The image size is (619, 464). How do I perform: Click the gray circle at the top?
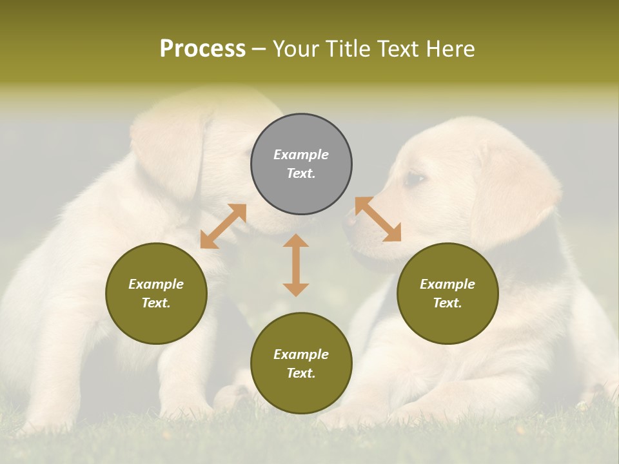point(301,164)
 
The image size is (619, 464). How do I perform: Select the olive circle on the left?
point(156,293)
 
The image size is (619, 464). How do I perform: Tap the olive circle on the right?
point(447,293)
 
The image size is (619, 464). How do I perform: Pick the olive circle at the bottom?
point(301,363)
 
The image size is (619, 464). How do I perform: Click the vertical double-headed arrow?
point(296,265)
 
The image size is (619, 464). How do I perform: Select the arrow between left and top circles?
point(223,226)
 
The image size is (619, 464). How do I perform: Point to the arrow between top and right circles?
point(378,219)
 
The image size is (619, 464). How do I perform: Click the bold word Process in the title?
point(202,48)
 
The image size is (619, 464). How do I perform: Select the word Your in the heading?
point(295,48)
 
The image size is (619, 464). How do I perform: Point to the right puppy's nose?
point(350,221)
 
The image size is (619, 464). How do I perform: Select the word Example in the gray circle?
point(301,155)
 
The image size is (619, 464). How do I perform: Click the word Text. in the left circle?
point(156,303)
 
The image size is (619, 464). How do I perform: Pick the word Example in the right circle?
point(447,284)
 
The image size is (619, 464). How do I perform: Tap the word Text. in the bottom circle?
point(301,373)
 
